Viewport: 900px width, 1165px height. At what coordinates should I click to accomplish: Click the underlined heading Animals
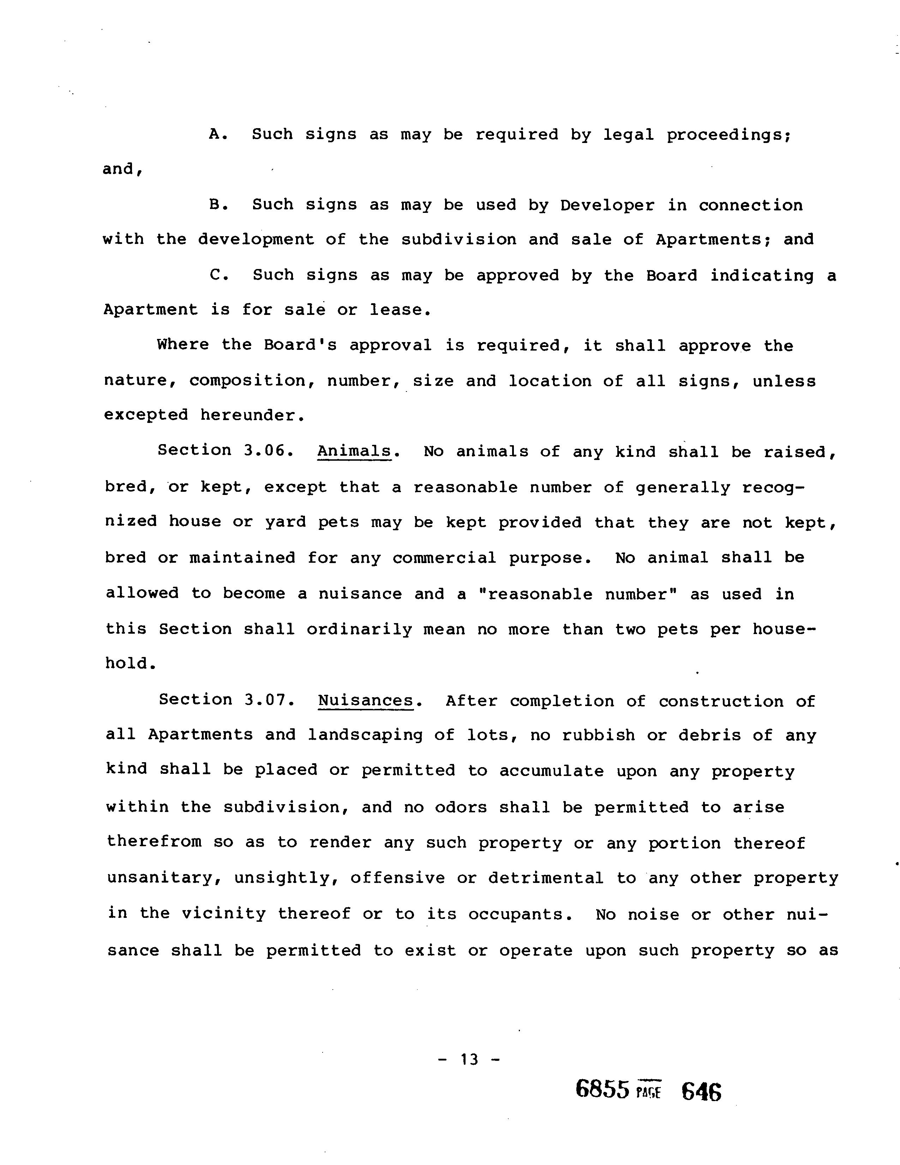click(x=354, y=451)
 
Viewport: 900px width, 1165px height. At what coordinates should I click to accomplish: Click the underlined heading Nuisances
click(x=366, y=700)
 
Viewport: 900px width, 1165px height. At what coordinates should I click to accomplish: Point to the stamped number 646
click(x=701, y=1091)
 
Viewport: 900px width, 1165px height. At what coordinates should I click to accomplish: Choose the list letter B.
click(x=217, y=204)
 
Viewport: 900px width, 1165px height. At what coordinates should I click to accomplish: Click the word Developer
click(x=607, y=205)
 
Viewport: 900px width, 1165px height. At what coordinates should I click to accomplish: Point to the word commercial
click(x=444, y=558)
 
